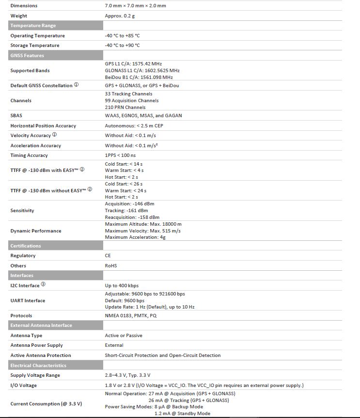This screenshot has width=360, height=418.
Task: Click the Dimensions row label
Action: click(x=24, y=6)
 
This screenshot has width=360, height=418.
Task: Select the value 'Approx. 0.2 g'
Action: click(x=120, y=16)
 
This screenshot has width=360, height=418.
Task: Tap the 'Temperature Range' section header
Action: click(x=33, y=26)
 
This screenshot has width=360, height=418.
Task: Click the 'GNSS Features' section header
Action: click(x=27, y=56)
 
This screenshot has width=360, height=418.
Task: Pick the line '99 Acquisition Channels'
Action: click(x=131, y=100)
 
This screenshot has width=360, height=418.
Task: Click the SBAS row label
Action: click(x=16, y=116)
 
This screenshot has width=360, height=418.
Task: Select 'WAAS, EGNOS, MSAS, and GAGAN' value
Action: click(x=143, y=116)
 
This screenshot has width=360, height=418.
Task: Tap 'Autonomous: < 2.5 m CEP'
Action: click(x=134, y=126)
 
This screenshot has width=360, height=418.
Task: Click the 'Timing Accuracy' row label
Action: click(x=29, y=155)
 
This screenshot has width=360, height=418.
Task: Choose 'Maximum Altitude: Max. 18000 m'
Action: click(x=143, y=224)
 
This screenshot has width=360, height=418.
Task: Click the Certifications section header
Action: click(x=26, y=246)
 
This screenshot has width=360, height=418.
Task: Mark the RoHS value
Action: click(x=111, y=266)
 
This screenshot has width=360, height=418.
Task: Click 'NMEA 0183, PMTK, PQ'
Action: click(x=131, y=316)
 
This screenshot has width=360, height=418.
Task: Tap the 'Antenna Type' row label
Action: click(x=26, y=336)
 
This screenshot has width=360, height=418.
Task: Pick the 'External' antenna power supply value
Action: click(x=114, y=345)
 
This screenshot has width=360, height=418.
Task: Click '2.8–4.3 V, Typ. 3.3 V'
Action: click(x=127, y=375)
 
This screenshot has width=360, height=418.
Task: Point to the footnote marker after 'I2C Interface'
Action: click(x=43, y=285)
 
